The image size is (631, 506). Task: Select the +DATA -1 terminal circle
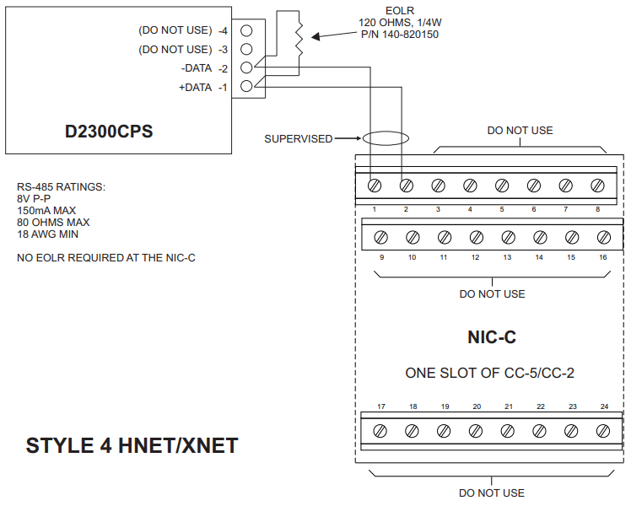tap(246, 86)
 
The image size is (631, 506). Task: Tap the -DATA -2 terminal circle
tap(246, 67)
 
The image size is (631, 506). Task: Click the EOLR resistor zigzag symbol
tap(298, 36)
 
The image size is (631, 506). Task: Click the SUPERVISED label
tap(298, 138)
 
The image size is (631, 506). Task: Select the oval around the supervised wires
tap(386, 138)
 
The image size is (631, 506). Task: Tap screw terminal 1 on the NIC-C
tap(373, 185)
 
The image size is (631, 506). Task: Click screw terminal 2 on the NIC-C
tap(405, 185)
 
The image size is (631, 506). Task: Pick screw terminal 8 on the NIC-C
tap(597, 185)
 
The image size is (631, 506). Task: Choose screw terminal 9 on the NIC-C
tap(380, 237)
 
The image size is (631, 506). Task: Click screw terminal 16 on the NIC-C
tap(603, 237)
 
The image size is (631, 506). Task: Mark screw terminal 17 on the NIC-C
tap(380, 430)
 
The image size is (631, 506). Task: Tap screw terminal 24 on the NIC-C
tap(603, 430)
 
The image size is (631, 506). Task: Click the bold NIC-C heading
tap(491, 337)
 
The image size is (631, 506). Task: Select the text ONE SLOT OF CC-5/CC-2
tap(491, 372)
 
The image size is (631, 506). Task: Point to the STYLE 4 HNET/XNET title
tap(132, 445)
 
